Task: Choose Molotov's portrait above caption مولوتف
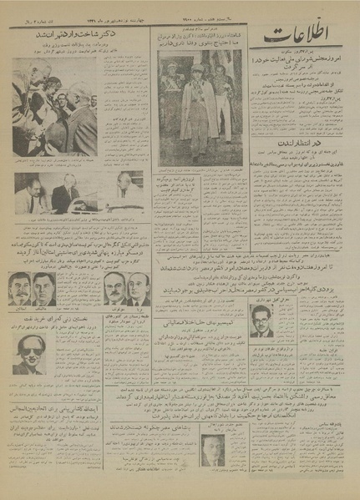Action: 109,288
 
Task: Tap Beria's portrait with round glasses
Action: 135,289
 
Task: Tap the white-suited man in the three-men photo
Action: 121,190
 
